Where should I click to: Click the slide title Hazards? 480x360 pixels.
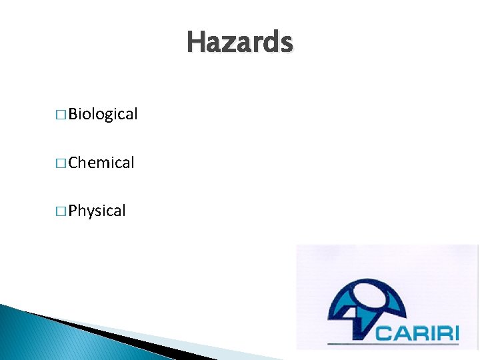click(x=239, y=43)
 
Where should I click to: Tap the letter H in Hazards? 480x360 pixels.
click(x=195, y=43)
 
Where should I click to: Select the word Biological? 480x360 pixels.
click(x=103, y=115)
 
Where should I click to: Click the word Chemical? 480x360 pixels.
click(x=101, y=163)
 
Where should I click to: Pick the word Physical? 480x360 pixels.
click(x=97, y=211)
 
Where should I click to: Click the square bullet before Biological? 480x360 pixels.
click(x=61, y=115)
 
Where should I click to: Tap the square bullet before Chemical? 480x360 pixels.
click(x=61, y=163)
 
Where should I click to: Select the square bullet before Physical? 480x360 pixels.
click(x=61, y=212)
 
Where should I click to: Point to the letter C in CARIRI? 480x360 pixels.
click(x=383, y=331)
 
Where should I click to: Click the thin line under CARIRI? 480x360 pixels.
click(x=393, y=345)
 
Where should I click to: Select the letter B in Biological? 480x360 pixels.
click(x=73, y=115)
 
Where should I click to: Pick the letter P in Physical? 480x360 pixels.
click(x=73, y=211)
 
